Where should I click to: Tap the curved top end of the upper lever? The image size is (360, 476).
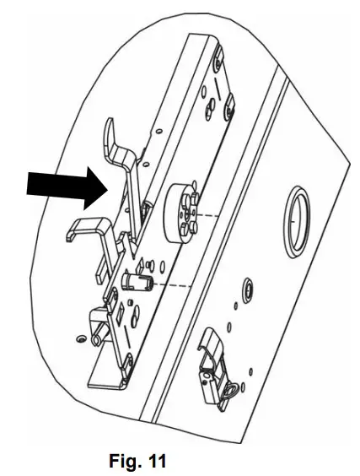[x=109, y=136]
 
